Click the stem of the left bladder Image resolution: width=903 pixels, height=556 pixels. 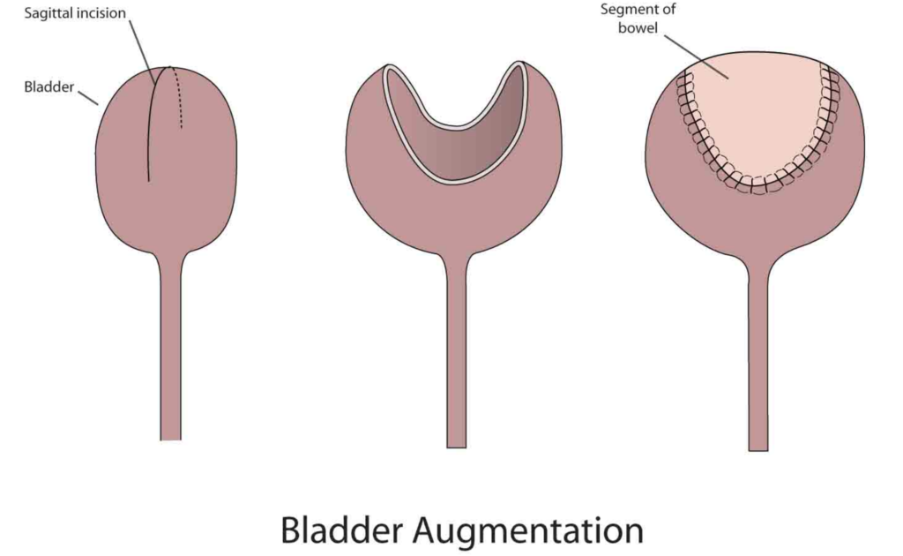[x=170, y=353]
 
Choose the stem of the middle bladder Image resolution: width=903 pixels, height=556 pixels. [x=456, y=353]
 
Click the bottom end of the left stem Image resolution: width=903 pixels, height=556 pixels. [x=170, y=436]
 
